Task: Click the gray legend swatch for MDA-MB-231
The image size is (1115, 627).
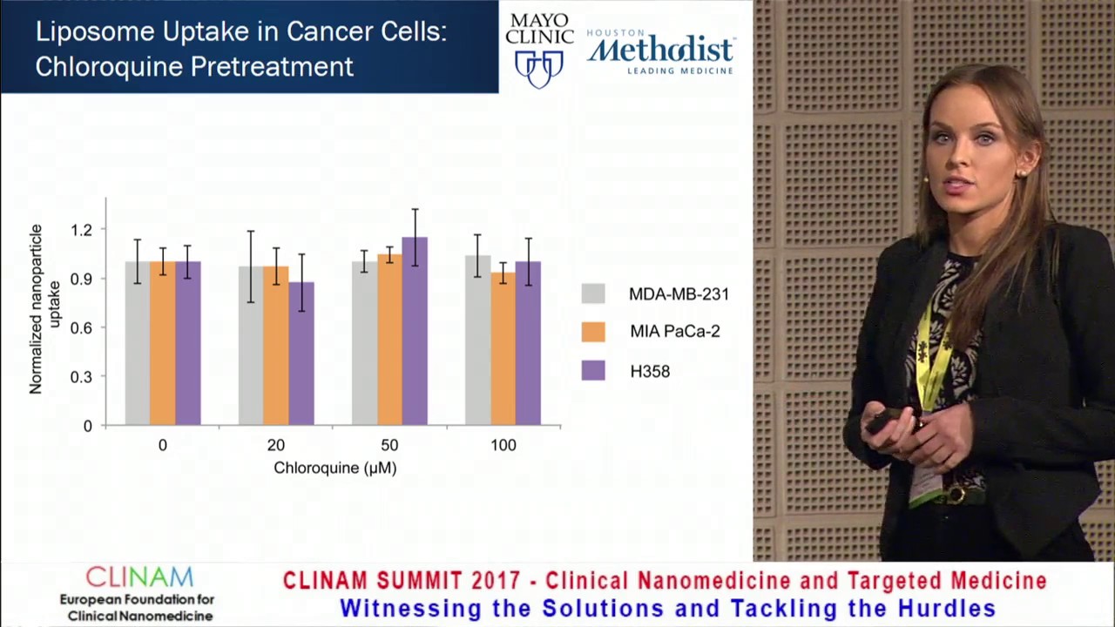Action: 593,293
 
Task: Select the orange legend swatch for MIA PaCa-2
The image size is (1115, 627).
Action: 593,332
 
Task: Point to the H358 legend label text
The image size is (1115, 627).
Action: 650,371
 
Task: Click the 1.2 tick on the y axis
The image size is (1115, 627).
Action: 82,230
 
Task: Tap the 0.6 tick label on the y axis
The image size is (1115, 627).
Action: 82,328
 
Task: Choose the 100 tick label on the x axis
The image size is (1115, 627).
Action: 503,445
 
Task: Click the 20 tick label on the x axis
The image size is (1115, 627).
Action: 275,445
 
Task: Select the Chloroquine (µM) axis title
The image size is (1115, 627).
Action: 334,468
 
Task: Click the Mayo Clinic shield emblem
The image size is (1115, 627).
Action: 539,68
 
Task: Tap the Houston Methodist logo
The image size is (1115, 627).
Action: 661,51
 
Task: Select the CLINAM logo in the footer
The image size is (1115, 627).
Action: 139,577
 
